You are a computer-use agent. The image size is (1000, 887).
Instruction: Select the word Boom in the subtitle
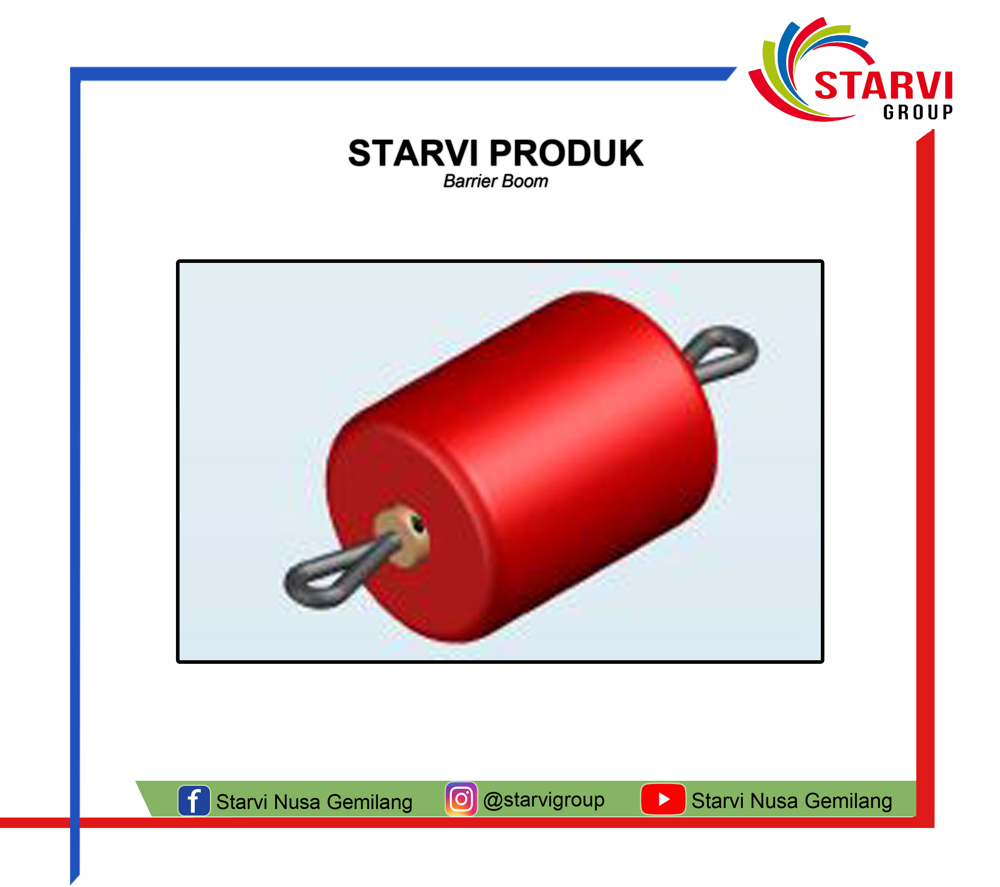tap(525, 181)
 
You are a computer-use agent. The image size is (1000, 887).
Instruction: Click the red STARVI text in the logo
tap(883, 85)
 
